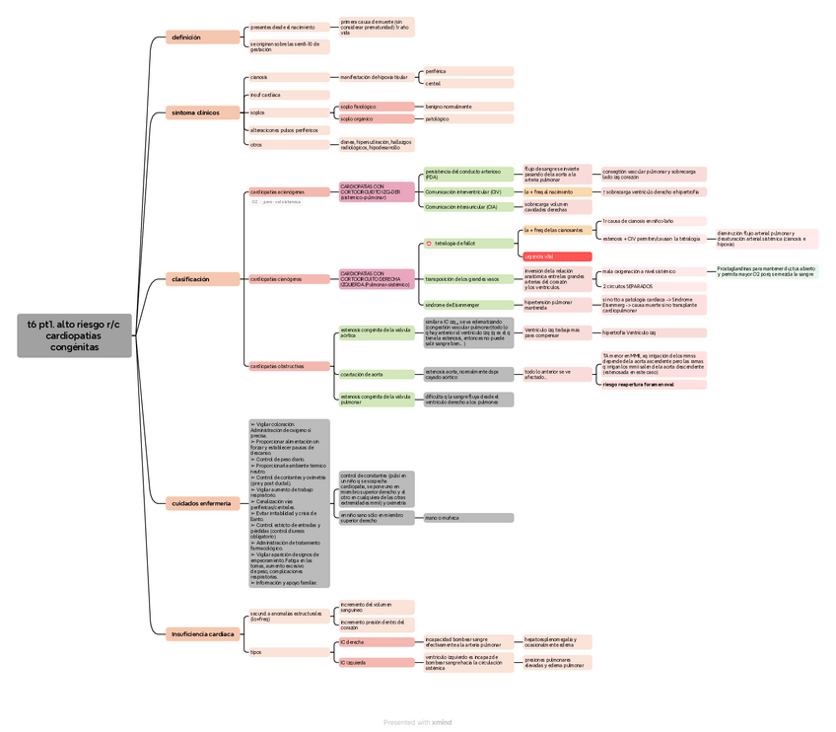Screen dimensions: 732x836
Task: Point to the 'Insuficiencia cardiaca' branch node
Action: pyautogui.click(x=203, y=633)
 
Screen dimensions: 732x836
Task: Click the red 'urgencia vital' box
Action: pyautogui.click(x=556, y=256)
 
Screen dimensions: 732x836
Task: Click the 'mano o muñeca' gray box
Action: pyautogui.click(x=467, y=518)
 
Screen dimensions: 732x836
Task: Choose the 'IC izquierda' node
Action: pyautogui.click(x=375, y=663)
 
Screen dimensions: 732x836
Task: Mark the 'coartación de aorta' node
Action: pyautogui.click(x=375, y=375)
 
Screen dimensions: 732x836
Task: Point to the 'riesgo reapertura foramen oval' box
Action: pyautogui.click(x=653, y=385)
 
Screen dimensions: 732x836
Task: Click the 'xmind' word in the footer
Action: pyautogui.click(x=442, y=722)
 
